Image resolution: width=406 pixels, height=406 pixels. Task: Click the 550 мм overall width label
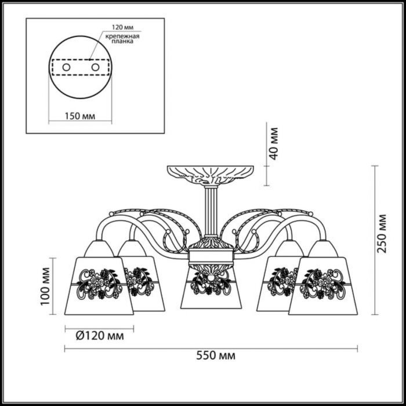pyautogui.click(x=216, y=356)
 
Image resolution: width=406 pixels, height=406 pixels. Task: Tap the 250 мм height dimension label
pyautogui.click(x=382, y=234)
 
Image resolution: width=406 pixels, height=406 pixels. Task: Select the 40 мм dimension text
pyautogui.click(x=273, y=144)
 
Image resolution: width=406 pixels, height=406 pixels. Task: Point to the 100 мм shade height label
pyautogui.click(x=45, y=287)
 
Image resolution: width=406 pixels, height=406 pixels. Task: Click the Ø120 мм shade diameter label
pyautogui.click(x=100, y=336)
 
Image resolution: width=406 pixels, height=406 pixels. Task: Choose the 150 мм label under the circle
pyautogui.click(x=80, y=116)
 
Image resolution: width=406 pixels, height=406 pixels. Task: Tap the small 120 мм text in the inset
pyautogui.click(x=122, y=27)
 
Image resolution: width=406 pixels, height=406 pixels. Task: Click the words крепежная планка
pyautogui.click(x=122, y=39)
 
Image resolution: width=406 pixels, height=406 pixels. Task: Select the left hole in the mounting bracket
pyautogui.click(x=66, y=68)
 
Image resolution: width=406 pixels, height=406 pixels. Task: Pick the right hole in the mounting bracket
pyautogui.click(x=95, y=68)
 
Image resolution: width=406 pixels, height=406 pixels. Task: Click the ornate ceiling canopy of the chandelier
pyautogui.click(x=210, y=175)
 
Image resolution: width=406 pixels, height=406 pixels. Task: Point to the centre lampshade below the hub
pyautogui.click(x=211, y=289)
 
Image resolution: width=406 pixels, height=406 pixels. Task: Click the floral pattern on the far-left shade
pyautogui.click(x=100, y=284)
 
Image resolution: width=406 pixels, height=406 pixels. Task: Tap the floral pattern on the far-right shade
pyautogui.click(x=322, y=284)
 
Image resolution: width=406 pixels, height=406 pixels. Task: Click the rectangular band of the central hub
pyautogui.click(x=211, y=256)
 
